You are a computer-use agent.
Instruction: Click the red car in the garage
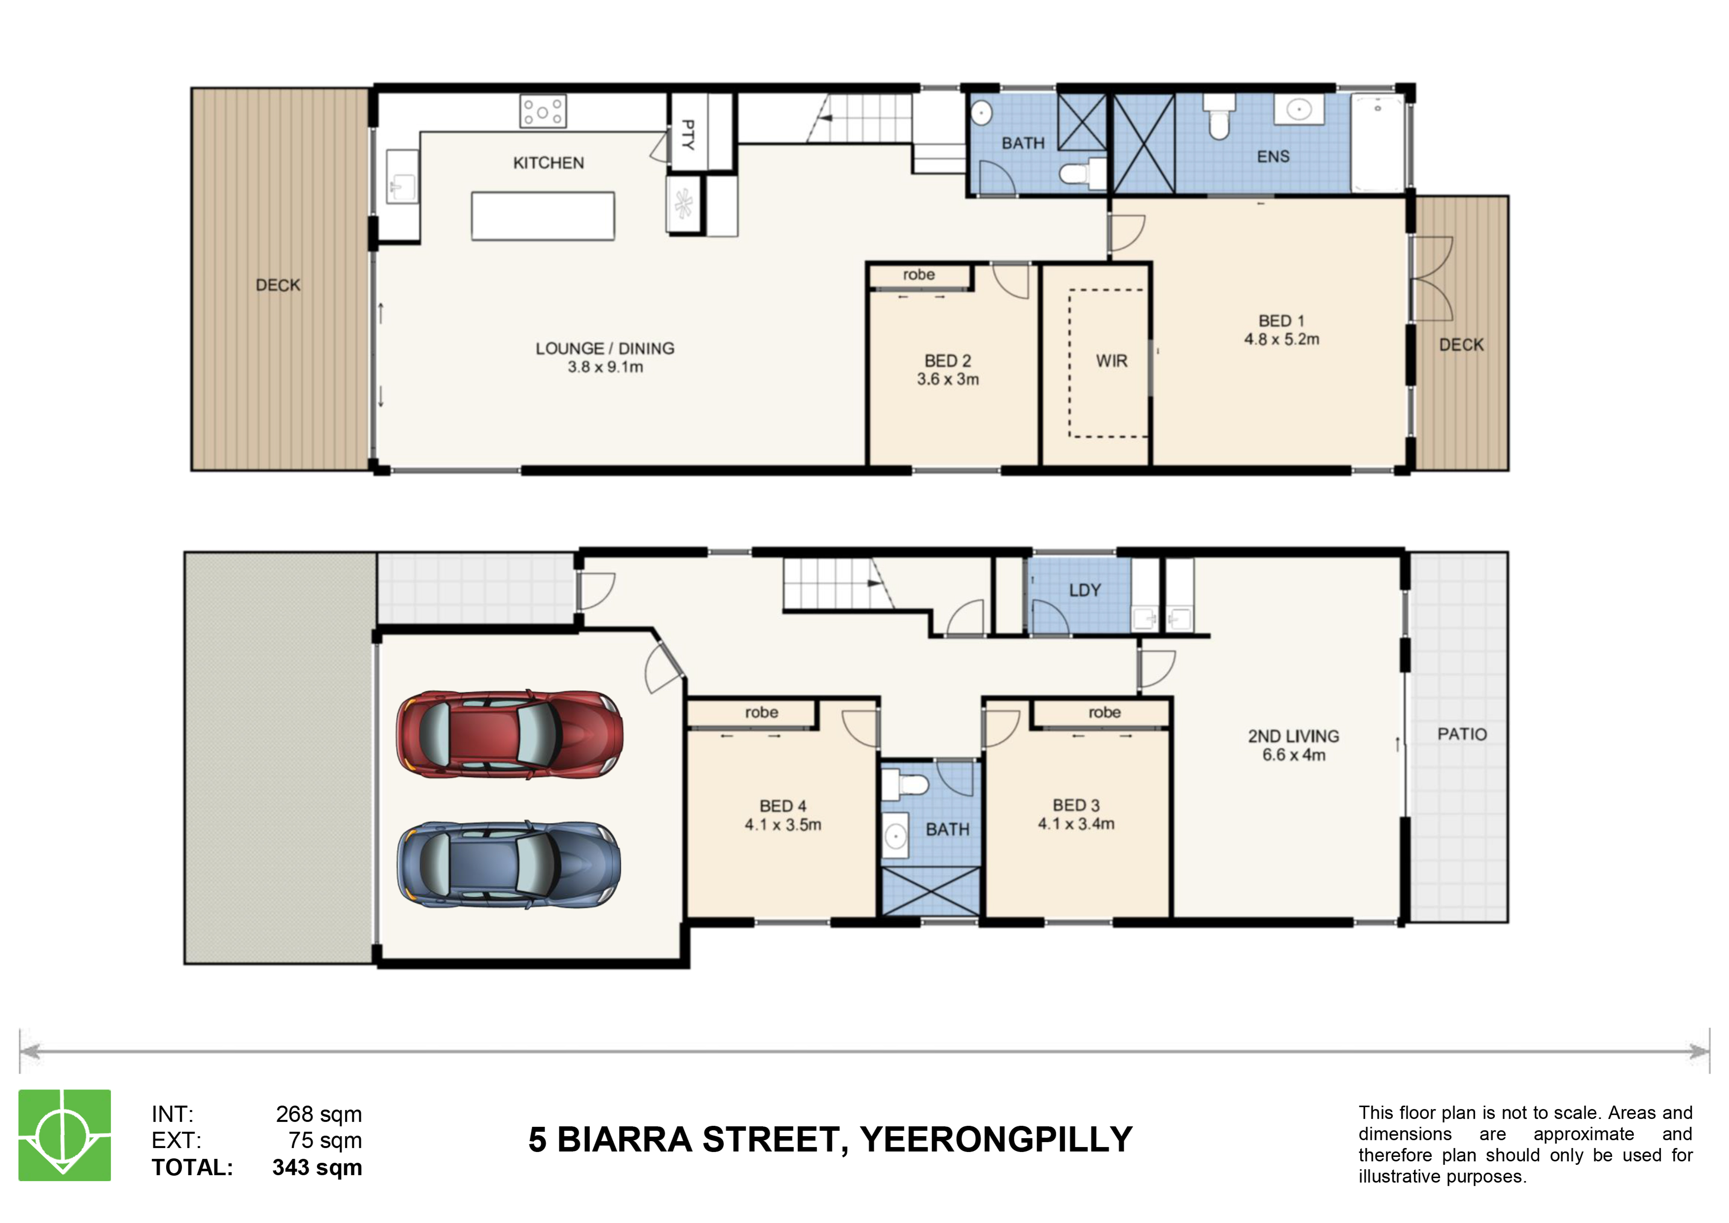(510, 734)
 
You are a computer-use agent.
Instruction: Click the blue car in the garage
(510, 865)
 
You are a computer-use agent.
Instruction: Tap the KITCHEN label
(548, 163)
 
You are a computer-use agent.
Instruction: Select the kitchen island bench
(543, 216)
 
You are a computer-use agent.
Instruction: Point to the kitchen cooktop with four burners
(543, 111)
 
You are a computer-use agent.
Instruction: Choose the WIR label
(1111, 361)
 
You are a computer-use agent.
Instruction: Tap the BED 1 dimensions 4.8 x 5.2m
(1281, 340)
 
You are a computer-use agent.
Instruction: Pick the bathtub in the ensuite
(1377, 142)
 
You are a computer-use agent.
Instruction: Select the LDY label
(1085, 591)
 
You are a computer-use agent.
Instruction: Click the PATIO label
(1462, 734)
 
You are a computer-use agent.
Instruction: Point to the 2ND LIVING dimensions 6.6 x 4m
(1294, 755)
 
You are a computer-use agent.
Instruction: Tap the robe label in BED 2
(919, 275)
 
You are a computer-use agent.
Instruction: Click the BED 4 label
(783, 806)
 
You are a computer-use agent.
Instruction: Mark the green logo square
(65, 1135)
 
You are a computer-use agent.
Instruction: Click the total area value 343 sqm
(317, 1167)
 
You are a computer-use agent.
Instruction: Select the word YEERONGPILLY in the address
(996, 1139)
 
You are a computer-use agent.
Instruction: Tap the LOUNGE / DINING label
(605, 349)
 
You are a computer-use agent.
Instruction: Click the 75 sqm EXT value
(325, 1140)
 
